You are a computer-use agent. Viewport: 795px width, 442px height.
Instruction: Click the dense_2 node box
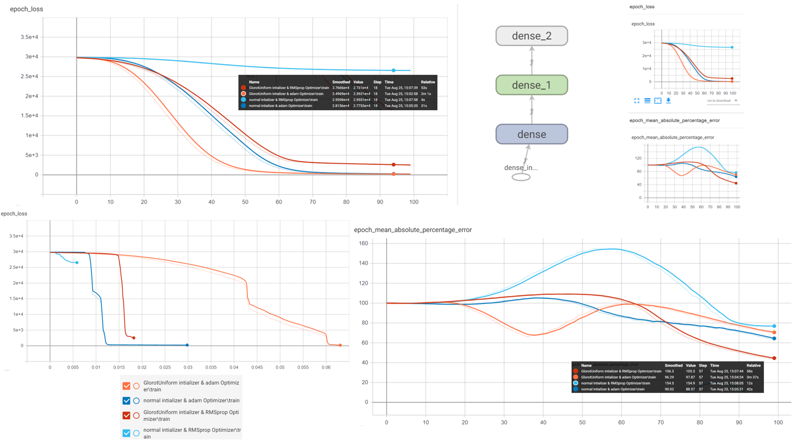[x=531, y=36]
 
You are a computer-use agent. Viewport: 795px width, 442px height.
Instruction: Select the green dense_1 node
[x=531, y=85]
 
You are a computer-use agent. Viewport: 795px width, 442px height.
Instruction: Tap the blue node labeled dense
[x=531, y=134]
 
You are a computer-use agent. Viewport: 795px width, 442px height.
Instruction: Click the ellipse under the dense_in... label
[x=521, y=177]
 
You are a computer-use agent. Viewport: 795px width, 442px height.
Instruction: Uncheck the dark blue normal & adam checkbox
[x=126, y=401]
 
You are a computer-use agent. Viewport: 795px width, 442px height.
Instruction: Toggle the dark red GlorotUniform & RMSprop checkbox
[x=126, y=415]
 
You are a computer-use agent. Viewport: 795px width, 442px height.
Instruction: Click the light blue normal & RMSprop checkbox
[x=126, y=433]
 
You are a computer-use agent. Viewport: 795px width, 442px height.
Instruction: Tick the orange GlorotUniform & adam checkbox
[x=126, y=386]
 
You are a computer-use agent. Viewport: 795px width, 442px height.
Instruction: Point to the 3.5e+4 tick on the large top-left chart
[x=29, y=37]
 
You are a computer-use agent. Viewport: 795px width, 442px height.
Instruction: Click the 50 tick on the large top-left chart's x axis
[x=245, y=202]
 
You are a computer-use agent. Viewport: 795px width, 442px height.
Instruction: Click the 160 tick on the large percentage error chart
[x=363, y=243]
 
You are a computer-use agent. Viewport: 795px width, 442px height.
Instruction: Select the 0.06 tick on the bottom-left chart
[x=326, y=368]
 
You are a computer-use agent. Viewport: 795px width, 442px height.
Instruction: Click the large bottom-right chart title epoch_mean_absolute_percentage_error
[x=412, y=230]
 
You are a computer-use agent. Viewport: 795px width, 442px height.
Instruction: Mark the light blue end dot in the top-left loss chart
[x=393, y=70]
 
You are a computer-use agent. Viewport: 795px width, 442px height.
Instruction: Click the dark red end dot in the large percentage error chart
[x=774, y=358]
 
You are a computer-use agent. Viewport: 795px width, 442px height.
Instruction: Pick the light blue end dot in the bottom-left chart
[x=77, y=263]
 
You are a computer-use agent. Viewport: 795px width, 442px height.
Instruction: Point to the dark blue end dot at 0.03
[x=187, y=345]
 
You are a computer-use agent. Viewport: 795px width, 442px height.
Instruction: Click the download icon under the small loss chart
[x=668, y=101]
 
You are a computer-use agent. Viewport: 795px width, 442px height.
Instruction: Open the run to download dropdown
[x=723, y=101]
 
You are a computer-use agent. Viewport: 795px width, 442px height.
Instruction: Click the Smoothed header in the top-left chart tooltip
[x=341, y=82]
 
